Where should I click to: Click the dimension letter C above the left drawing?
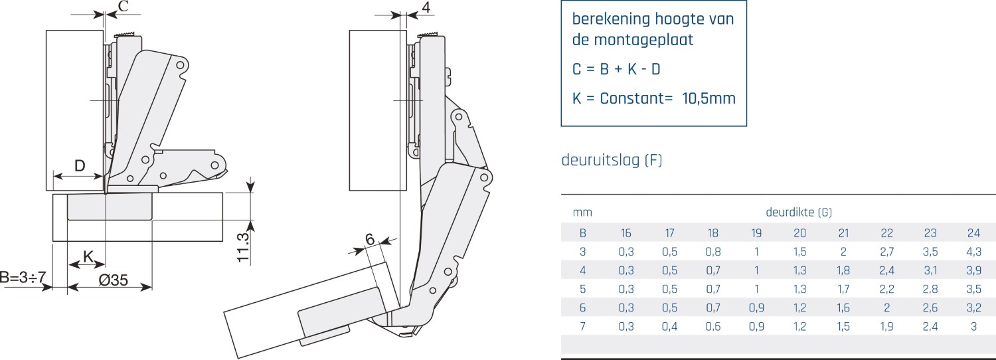point(124,6)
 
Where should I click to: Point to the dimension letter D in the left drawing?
point(80,166)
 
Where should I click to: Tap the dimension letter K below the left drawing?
point(88,256)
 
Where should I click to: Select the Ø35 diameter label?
point(113,280)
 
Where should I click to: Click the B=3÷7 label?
point(23,277)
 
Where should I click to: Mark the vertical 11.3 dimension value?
point(243,247)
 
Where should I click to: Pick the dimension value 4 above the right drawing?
point(426,7)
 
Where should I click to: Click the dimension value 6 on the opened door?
point(370,239)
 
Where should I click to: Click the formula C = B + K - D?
point(616,70)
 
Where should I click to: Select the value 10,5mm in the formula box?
point(708,98)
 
